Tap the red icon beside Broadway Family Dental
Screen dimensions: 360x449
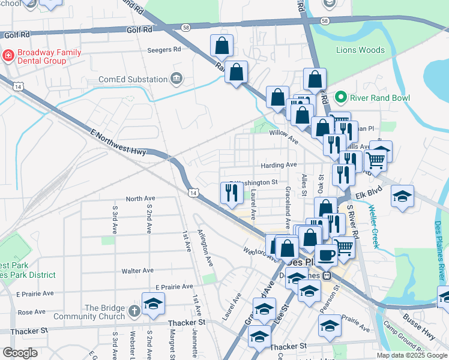pyautogui.click(x=8, y=56)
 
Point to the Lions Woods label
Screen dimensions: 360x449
pyautogui.click(x=360, y=50)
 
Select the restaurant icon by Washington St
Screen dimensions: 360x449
pyautogui.click(x=231, y=193)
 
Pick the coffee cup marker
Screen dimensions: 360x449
pyautogui.click(x=326, y=254)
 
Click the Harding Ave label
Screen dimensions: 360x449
pyautogui.click(x=279, y=164)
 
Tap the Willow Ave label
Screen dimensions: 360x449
pyautogui.click(x=284, y=137)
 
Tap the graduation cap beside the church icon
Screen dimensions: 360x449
pyautogui.click(x=153, y=304)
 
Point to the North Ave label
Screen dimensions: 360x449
pyautogui.click(x=140, y=199)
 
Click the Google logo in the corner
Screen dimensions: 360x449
pyautogui.click(x=20, y=353)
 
